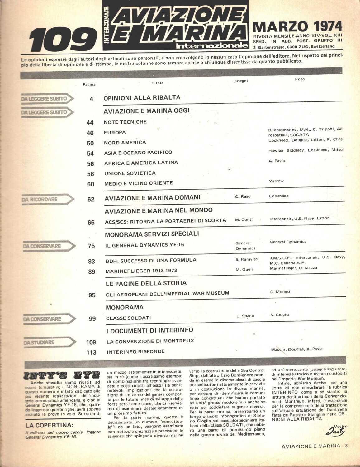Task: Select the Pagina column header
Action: coord(89,84)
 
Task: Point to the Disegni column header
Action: coord(240,81)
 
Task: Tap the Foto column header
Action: coord(300,79)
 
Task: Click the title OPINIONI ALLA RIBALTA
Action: coord(142,97)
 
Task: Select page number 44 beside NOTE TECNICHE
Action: coord(90,123)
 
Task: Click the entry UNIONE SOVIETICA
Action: coord(130,173)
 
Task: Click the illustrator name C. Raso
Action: coord(243,197)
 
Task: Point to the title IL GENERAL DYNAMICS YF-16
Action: coord(144,245)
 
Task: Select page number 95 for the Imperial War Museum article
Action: coord(92,295)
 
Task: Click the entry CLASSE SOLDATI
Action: coord(128,318)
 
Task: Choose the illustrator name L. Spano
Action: coord(245,316)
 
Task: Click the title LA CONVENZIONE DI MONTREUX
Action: coord(150,341)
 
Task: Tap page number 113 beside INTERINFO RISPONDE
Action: coord(91,352)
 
